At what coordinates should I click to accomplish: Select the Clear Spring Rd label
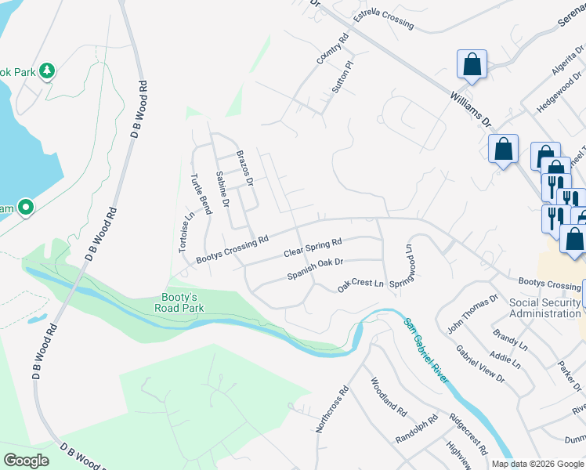313,248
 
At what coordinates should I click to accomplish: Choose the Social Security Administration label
544,308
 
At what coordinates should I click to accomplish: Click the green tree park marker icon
48,71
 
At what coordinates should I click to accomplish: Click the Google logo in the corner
26,460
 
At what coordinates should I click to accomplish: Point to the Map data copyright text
537,464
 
